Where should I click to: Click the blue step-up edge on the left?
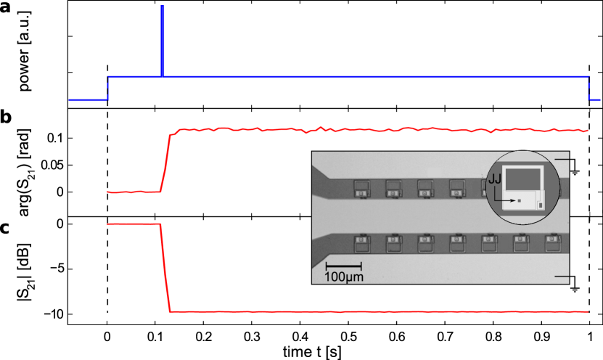pyautogui.click(x=108, y=88)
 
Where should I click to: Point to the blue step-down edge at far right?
pyautogui.click(x=588, y=88)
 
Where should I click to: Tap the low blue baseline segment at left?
pyautogui.click(x=88, y=99)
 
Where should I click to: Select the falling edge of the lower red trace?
pyautogui.click(x=165, y=268)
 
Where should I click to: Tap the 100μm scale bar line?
pyautogui.click(x=343, y=266)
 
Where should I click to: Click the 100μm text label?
pyautogui.click(x=344, y=277)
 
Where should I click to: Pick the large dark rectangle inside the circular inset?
pyautogui.click(x=522, y=179)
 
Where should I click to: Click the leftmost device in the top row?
pyautogui.click(x=361, y=189)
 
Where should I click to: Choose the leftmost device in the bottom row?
pyautogui.click(x=361, y=243)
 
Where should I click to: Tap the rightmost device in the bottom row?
pyautogui.click(x=553, y=243)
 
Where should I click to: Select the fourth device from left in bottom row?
pyautogui.click(x=457, y=243)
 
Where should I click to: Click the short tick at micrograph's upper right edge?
pyautogui.click(x=562, y=157)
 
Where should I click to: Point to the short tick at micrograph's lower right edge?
pyautogui.click(x=562, y=276)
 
